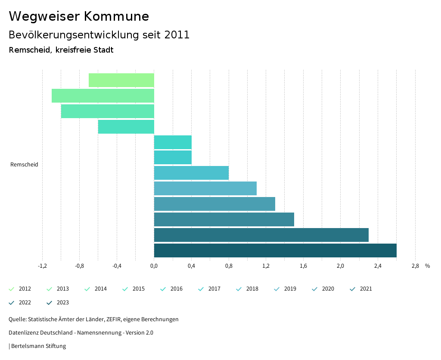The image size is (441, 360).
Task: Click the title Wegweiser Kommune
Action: click(x=79, y=16)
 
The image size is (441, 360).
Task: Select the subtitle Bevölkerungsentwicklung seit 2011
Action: click(x=99, y=35)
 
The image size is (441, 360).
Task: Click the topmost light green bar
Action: click(x=121, y=80)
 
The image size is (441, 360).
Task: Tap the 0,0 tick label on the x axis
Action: click(x=154, y=266)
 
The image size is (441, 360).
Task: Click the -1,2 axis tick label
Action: click(x=42, y=266)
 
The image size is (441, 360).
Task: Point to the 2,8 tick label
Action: click(x=415, y=266)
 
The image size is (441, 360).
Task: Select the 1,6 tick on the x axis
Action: click(x=303, y=266)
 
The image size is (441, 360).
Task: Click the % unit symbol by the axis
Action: click(x=427, y=266)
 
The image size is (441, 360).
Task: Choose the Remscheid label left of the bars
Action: click(x=24, y=165)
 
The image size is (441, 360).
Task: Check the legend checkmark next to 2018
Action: click(x=239, y=289)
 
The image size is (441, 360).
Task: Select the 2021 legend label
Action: click(x=366, y=289)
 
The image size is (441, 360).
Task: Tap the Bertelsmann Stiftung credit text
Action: click(x=38, y=346)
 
